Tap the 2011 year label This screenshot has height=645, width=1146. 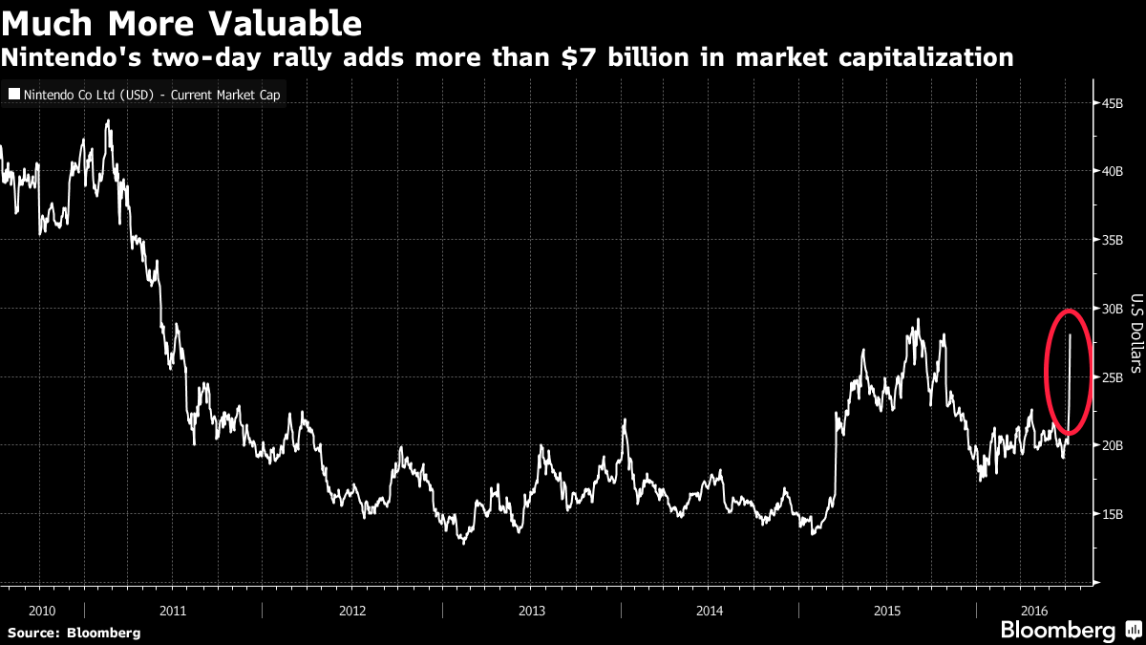pos(173,609)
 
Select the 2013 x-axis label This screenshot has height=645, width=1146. pos(531,609)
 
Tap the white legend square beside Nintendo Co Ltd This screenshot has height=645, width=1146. pos(13,95)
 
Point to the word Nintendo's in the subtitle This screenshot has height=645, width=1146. pos(69,57)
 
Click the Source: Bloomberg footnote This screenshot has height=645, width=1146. pos(74,633)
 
